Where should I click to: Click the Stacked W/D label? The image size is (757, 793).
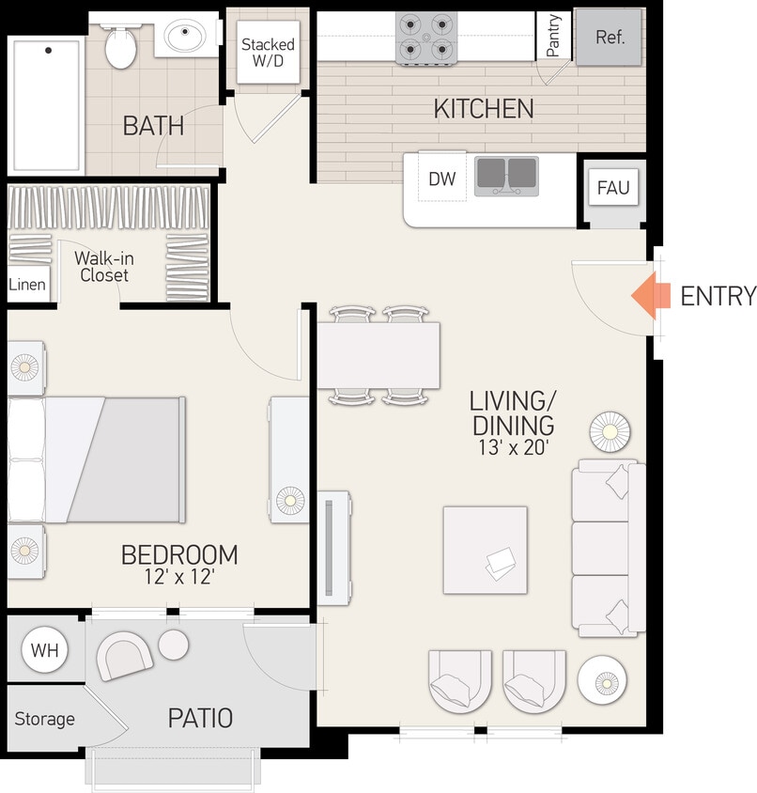click(x=268, y=54)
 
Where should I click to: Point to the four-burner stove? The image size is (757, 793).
click(x=426, y=38)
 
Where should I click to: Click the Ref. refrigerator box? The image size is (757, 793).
click(x=610, y=38)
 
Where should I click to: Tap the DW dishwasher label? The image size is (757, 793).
click(x=441, y=179)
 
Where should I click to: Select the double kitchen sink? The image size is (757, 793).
click(x=506, y=176)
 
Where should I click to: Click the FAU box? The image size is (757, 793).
click(x=613, y=187)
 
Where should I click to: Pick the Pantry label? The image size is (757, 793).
click(x=553, y=35)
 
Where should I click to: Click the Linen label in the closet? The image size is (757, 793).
click(x=27, y=285)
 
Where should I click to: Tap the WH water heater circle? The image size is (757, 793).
click(x=44, y=650)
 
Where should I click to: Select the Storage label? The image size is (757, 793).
click(x=44, y=719)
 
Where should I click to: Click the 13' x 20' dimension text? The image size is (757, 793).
click(x=512, y=447)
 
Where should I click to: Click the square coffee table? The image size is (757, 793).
click(x=485, y=550)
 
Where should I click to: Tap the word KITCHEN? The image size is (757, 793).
click(x=484, y=109)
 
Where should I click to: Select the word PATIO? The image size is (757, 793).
click(x=200, y=719)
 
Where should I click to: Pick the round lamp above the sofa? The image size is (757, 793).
click(x=610, y=431)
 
